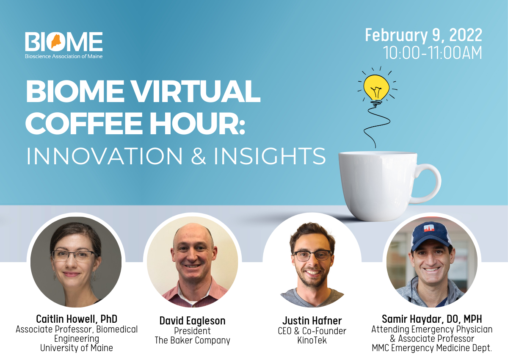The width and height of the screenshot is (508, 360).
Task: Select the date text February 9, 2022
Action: tap(423, 35)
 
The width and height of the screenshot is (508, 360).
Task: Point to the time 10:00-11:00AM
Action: tap(432, 53)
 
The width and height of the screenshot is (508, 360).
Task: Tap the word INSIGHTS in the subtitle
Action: tap(270, 156)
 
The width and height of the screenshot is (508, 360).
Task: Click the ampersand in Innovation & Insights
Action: tap(198, 156)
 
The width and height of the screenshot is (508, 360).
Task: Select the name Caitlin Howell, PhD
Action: tap(77, 318)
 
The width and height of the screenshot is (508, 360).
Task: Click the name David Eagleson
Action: tap(193, 321)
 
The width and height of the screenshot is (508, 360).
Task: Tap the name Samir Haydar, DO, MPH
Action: tap(432, 318)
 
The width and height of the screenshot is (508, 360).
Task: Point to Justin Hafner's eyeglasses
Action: tap(312, 255)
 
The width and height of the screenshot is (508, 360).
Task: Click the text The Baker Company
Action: tap(193, 341)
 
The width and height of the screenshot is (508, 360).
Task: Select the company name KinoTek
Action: tap(312, 341)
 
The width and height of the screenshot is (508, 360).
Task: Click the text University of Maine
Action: tap(77, 348)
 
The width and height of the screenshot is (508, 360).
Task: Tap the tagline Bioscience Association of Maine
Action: tap(63, 56)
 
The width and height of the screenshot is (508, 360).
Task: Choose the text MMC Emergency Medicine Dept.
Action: tap(432, 348)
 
